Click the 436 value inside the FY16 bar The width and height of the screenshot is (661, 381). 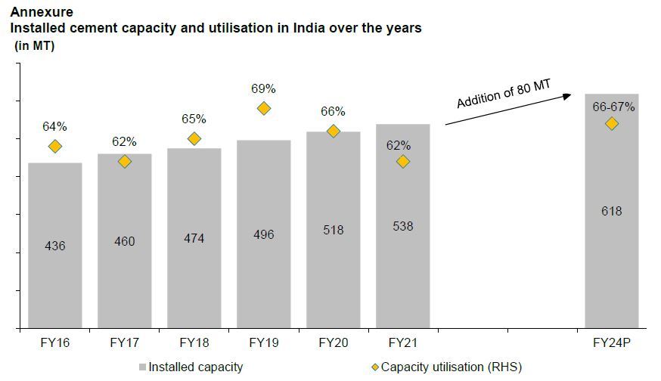(x=55, y=246)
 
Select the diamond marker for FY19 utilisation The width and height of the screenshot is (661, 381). (x=264, y=108)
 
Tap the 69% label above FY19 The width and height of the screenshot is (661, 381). (x=263, y=88)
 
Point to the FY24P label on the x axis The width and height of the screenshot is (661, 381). (x=611, y=342)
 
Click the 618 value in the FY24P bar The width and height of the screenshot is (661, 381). (x=611, y=211)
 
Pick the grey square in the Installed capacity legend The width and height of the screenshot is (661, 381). (x=141, y=367)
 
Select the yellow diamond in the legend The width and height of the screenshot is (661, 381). (x=374, y=367)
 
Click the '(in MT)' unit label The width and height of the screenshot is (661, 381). (x=36, y=46)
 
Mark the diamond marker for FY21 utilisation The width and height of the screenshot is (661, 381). (x=403, y=161)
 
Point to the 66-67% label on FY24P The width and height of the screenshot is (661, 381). (x=613, y=107)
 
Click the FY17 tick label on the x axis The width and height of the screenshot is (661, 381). (x=125, y=342)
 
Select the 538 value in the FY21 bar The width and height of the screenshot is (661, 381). (x=403, y=225)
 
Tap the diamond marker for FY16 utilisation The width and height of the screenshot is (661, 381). (x=55, y=146)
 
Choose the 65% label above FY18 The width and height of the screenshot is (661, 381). (x=194, y=119)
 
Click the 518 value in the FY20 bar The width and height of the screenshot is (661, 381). (x=334, y=229)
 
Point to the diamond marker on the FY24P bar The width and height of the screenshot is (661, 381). (x=611, y=123)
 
